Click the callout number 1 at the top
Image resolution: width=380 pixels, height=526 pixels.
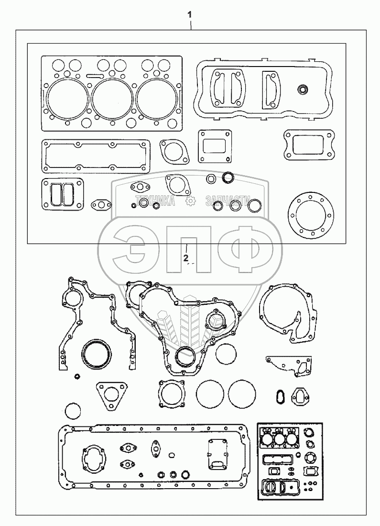pyautogui.click(x=190, y=15)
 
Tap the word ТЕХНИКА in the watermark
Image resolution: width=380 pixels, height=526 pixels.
pyautogui.click(x=155, y=201)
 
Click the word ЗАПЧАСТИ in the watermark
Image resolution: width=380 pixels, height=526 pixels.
pyautogui.click(x=228, y=201)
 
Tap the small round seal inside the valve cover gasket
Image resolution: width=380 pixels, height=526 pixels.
pyautogui.click(x=302, y=90)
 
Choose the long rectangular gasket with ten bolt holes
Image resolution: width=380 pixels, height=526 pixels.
pyautogui.click(x=96, y=155)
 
